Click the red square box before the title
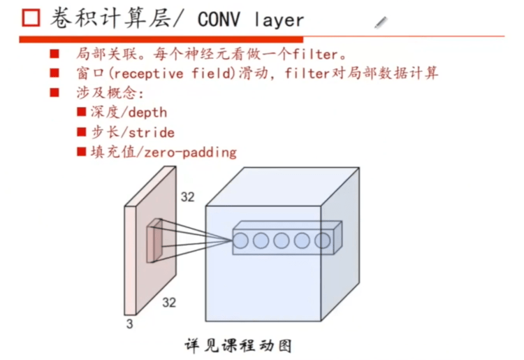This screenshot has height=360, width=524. pos(30,19)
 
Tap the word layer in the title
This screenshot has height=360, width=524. pos(279,20)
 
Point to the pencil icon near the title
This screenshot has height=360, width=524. pos(381,22)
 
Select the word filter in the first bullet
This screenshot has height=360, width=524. pos(316,54)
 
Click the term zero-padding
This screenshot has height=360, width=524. pos(191,151)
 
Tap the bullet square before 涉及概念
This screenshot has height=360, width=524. pos(54,92)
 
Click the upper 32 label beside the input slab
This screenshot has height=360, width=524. pos(187,196)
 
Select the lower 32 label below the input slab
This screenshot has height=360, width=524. pos(169,302)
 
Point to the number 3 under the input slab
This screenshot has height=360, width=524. pos(129,324)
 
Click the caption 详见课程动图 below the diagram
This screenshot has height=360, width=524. pos(238,345)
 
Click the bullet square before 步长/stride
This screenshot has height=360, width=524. pos(81,131)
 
